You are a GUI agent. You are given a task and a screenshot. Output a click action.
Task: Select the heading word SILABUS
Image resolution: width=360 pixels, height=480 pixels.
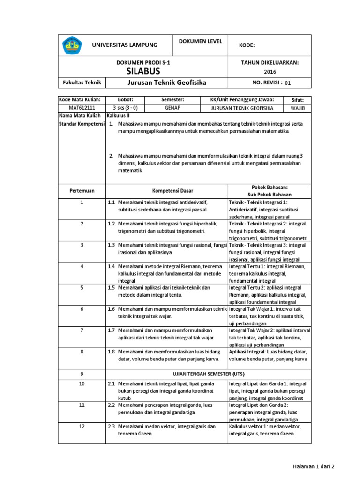pyautogui.click(x=143, y=71)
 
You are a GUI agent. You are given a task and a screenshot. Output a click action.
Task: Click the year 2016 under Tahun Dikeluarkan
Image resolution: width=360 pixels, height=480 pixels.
pyautogui.click(x=270, y=72)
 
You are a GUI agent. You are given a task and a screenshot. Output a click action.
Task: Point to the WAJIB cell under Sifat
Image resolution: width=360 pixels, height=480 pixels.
pyautogui.click(x=298, y=107)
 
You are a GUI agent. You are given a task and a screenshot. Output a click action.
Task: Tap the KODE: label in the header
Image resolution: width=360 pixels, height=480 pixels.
pyautogui.click(x=247, y=45)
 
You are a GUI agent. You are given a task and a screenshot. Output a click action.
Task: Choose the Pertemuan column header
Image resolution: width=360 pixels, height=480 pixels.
pyautogui.click(x=82, y=191)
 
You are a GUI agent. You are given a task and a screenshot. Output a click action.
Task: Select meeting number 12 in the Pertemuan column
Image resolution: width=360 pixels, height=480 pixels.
pyautogui.click(x=82, y=426)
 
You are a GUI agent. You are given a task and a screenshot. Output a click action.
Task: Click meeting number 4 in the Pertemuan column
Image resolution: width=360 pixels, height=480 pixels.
pyautogui.click(x=82, y=266)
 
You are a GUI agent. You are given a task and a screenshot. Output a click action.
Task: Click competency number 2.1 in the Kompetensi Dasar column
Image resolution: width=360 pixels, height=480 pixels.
pyautogui.click(x=112, y=383)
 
